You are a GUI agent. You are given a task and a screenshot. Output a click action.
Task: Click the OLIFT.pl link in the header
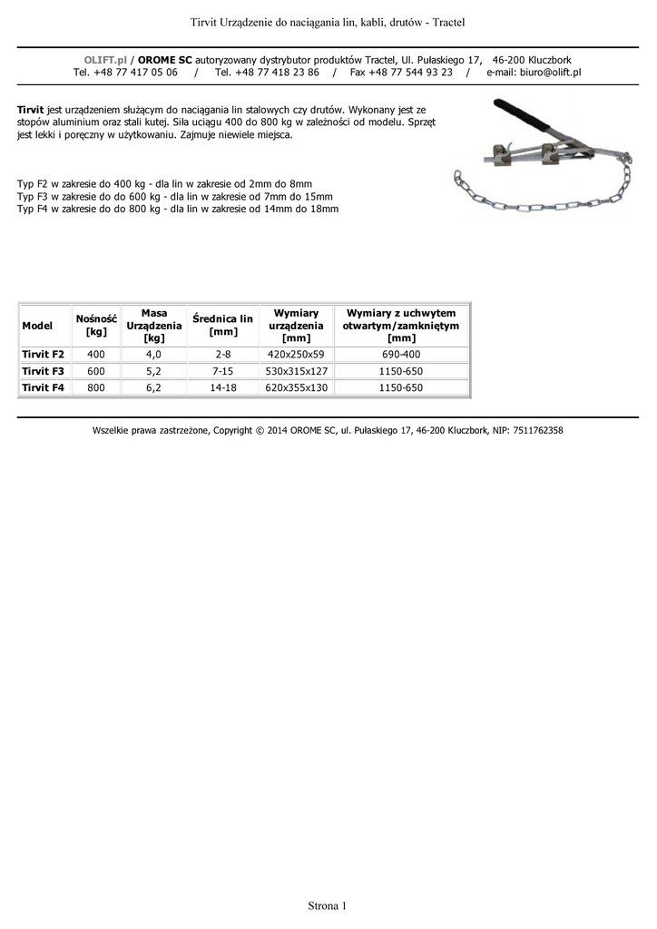tap(105, 59)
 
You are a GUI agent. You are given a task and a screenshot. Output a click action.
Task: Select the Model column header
tap(37, 325)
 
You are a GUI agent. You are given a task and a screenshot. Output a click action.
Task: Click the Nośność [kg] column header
tap(96, 325)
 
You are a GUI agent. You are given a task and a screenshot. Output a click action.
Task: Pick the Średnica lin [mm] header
tap(222, 325)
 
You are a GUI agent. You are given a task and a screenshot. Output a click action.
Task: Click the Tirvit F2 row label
tap(43, 353)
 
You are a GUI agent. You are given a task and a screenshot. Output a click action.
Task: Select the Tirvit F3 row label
tap(43, 370)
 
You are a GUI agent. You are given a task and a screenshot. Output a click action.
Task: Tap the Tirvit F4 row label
tap(43, 387)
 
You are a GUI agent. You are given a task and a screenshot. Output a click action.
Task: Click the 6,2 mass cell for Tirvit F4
tap(153, 387)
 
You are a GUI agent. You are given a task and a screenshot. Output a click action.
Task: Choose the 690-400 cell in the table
tap(400, 353)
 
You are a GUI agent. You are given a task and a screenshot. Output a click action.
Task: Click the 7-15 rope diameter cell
tap(222, 370)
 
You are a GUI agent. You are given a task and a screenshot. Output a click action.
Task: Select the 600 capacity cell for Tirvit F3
tap(96, 370)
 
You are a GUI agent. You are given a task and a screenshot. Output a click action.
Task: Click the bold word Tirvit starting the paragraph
tap(30, 108)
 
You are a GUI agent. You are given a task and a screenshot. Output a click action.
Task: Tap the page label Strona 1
tap(328, 905)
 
